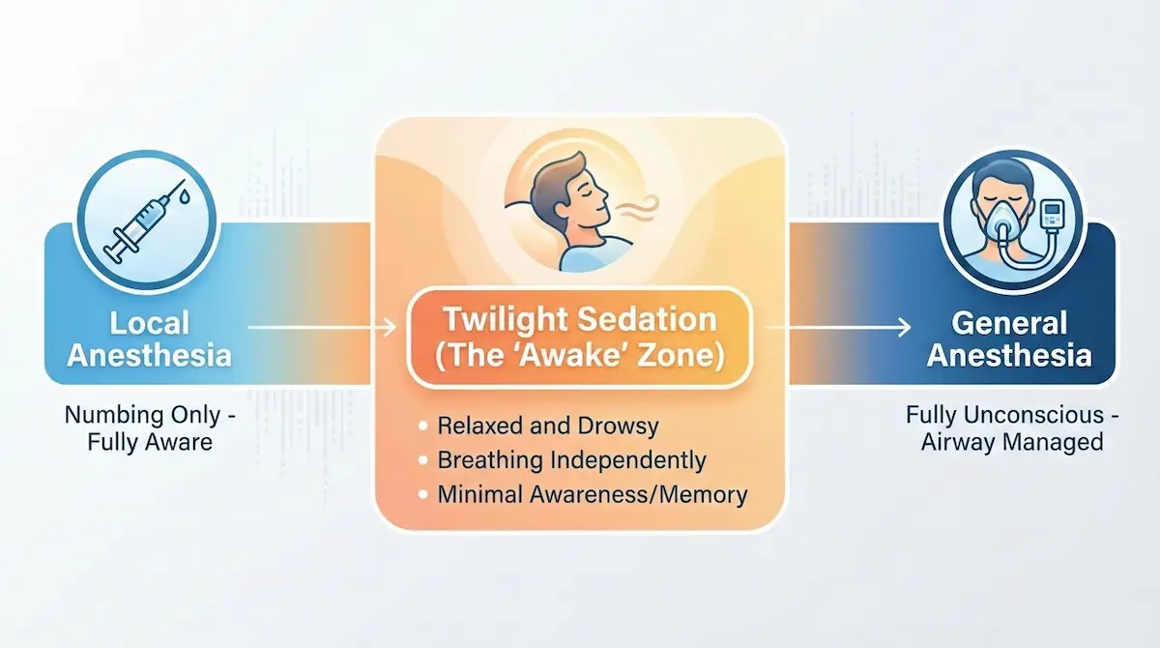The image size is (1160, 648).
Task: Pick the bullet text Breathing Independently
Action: (x=571, y=460)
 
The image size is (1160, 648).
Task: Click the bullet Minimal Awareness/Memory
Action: (x=592, y=495)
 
